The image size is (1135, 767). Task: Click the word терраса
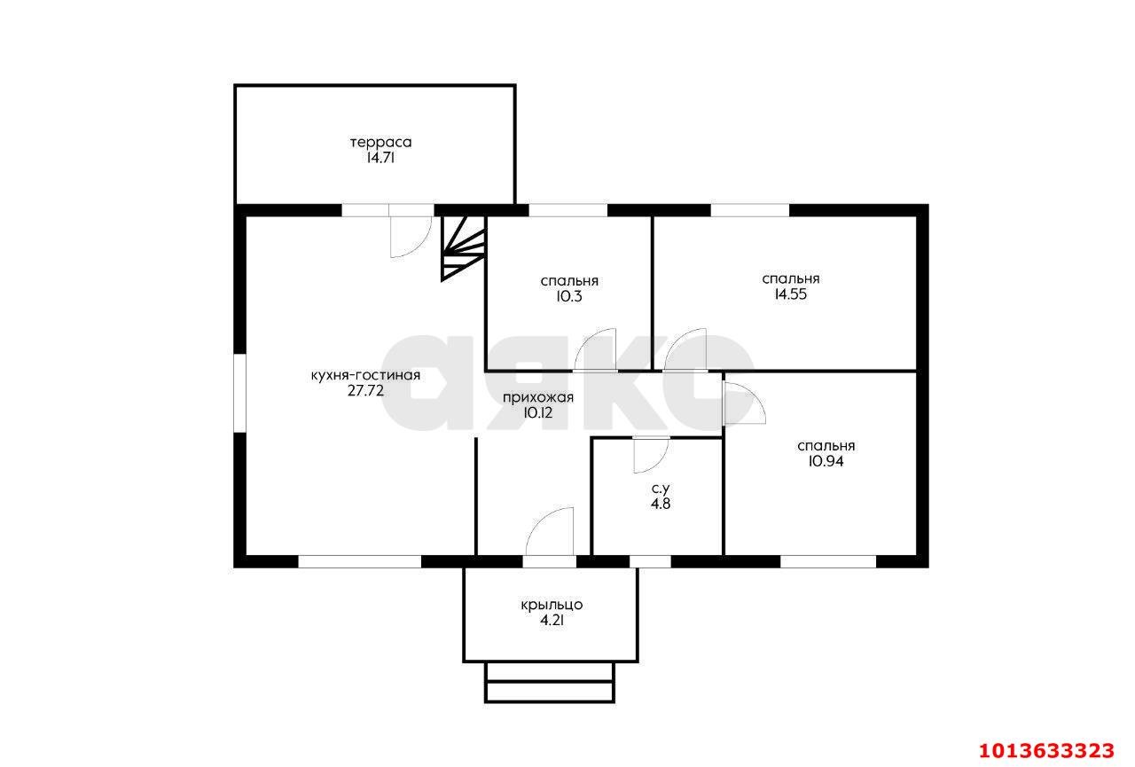click(380, 143)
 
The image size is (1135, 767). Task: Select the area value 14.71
click(380, 158)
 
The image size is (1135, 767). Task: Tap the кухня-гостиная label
click(365, 375)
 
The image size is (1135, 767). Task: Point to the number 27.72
click(365, 391)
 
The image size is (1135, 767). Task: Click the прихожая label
click(538, 398)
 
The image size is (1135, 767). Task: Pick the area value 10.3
click(569, 296)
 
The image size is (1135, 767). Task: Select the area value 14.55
click(790, 294)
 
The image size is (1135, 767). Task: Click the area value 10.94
click(826, 461)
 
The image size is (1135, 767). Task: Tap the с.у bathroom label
click(661, 489)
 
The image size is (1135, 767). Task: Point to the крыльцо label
click(552, 606)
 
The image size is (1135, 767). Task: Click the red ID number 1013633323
click(1046, 750)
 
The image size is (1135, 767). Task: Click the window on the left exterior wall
click(239, 393)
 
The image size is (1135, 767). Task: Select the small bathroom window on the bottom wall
click(650, 561)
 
